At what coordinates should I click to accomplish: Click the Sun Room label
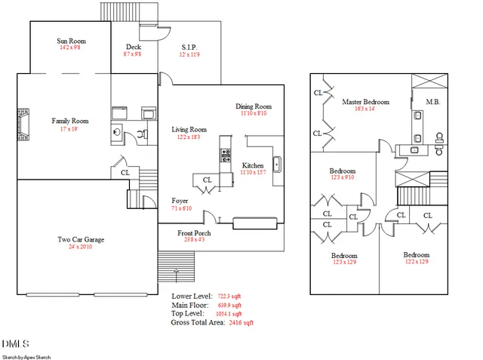click(x=70, y=40)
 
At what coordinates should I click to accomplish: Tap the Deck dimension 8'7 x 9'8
click(x=133, y=54)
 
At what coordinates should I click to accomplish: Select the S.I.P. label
click(x=189, y=47)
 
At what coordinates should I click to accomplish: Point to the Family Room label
click(x=70, y=121)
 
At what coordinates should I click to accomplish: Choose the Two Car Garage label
click(x=81, y=240)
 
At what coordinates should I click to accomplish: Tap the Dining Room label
click(x=253, y=106)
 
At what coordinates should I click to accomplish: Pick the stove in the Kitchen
click(x=225, y=155)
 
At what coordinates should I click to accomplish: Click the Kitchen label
click(x=252, y=165)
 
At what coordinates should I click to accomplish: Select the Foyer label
click(x=180, y=200)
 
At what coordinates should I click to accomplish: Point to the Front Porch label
click(x=194, y=233)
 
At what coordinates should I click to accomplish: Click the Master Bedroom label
click(x=365, y=101)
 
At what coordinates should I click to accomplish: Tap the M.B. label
click(x=433, y=101)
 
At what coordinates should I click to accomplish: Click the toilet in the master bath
click(x=439, y=139)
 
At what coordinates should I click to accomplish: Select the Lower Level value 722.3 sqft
click(x=229, y=297)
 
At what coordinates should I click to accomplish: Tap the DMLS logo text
click(x=15, y=344)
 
